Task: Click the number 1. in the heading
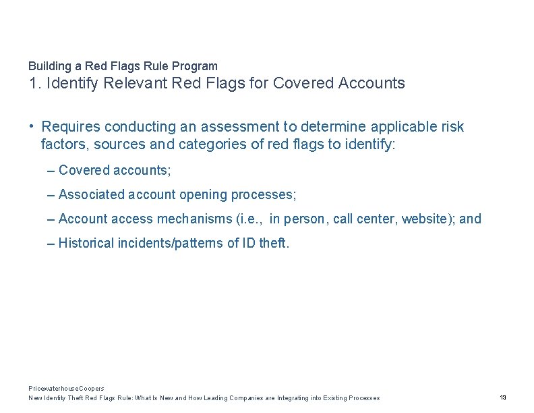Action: pyautogui.click(x=34, y=84)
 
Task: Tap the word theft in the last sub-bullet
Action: pyautogui.click(x=274, y=244)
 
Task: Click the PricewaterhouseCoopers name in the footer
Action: pyautogui.click(x=66, y=389)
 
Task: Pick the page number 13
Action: pyautogui.click(x=503, y=398)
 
